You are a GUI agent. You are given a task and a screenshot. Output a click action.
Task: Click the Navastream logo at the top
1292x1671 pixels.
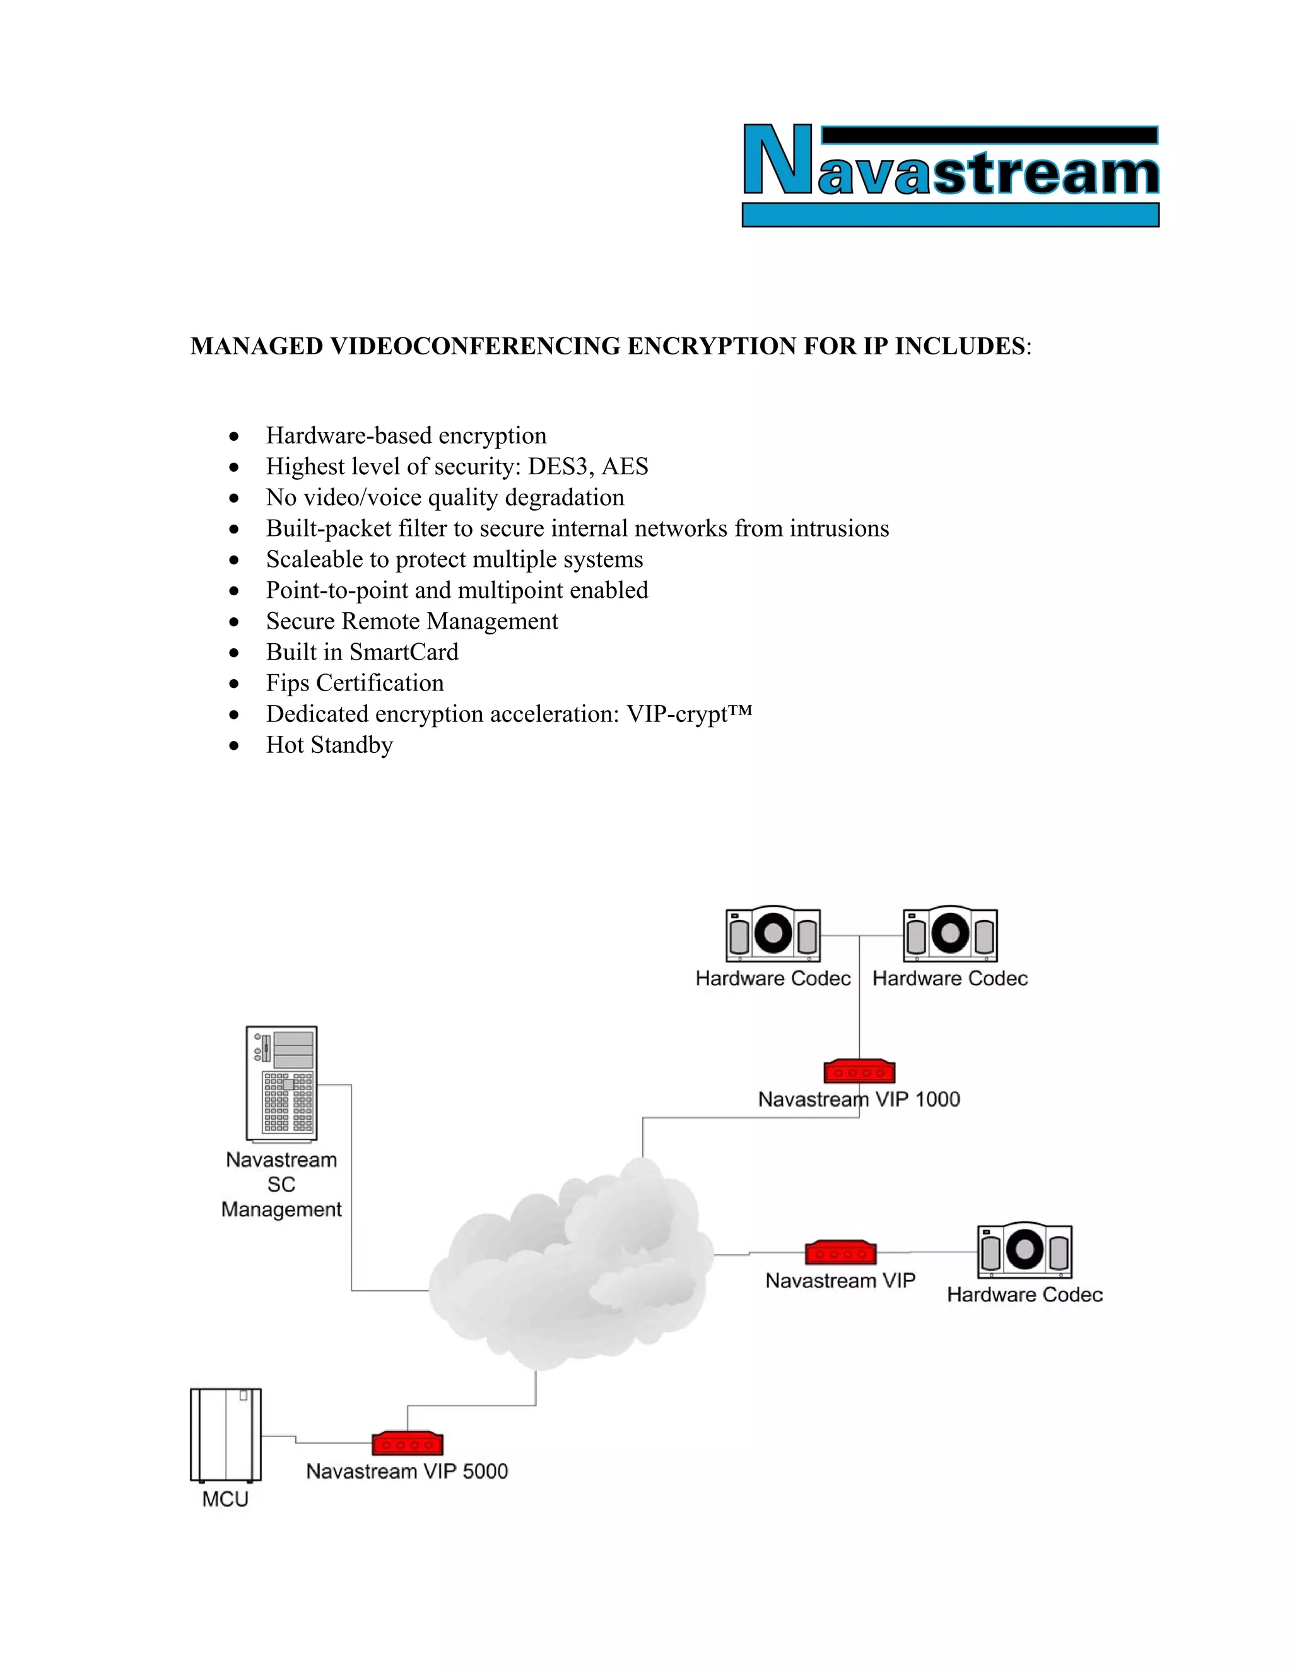pyautogui.click(x=951, y=175)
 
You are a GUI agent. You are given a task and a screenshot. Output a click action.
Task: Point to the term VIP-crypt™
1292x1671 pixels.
pyautogui.click(x=689, y=714)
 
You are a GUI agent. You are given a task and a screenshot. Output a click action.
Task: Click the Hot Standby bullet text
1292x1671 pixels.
pyautogui.click(x=329, y=745)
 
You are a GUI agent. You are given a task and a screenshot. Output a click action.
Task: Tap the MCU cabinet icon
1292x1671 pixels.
pyautogui.click(x=226, y=1435)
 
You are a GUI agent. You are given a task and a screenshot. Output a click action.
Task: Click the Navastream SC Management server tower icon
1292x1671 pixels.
pyautogui.click(x=281, y=1083)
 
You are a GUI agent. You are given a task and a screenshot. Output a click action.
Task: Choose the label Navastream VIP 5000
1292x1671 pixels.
pyautogui.click(x=407, y=1471)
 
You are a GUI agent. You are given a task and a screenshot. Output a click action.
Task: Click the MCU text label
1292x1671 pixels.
pyautogui.click(x=225, y=1499)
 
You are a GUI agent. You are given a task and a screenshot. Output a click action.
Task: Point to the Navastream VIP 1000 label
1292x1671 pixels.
pyautogui.click(x=859, y=1100)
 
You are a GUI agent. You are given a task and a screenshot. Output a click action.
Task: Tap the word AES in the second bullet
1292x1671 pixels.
pyautogui.click(x=625, y=467)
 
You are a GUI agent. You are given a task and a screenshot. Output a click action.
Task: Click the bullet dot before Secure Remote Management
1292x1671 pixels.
pyautogui.click(x=234, y=622)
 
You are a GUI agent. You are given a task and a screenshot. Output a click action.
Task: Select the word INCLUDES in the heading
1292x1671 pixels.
pyautogui.click(x=959, y=347)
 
